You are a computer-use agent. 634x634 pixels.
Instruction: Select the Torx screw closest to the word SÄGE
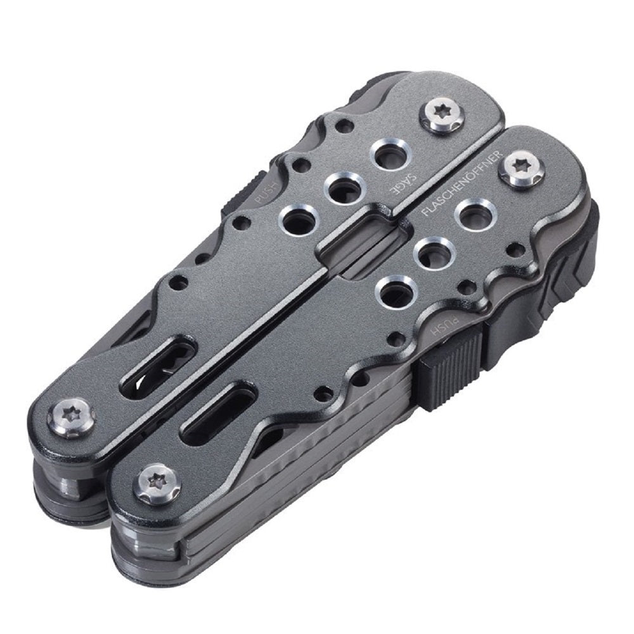point(443,115)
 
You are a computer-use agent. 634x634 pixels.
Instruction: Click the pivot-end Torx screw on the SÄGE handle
point(71,418)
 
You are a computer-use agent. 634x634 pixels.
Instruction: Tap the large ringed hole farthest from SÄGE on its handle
point(297,222)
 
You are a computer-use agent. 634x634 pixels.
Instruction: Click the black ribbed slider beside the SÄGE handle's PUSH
point(240,193)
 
